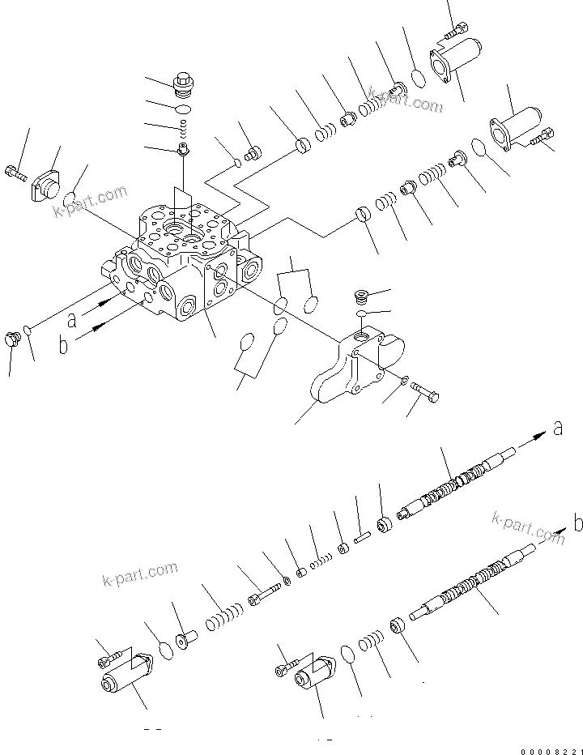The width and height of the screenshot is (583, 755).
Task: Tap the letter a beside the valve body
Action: tap(72, 319)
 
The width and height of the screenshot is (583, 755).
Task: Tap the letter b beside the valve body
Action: tap(63, 348)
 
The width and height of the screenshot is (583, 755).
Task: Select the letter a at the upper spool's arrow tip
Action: tap(557, 429)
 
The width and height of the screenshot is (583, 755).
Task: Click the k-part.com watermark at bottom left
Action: tap(140, 574)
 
